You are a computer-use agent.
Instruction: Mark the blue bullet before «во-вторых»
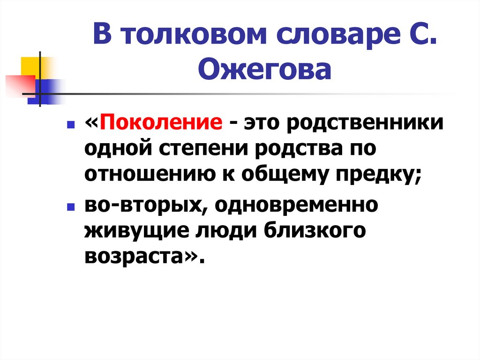[69, 207]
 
